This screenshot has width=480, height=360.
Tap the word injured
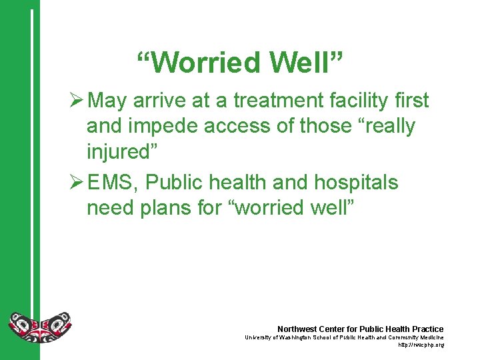point(122,151)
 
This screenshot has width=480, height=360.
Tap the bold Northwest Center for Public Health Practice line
point(360,329)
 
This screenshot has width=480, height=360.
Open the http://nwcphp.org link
point(421,345)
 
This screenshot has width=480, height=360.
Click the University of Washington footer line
point(344,338)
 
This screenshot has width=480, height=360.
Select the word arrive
point(158,101)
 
